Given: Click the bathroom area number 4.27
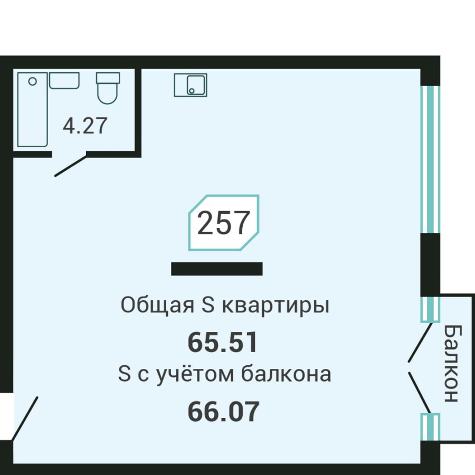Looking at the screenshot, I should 85,126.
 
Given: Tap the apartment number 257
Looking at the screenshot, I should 223,223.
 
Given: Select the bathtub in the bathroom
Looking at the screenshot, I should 32,110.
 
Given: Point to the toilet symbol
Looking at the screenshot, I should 108,88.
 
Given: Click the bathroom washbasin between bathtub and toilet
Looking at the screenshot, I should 64,81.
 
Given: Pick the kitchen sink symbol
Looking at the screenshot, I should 191,85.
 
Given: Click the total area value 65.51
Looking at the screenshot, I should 223,343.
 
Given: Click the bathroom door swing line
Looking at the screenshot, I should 70,165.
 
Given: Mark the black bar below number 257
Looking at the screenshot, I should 217,269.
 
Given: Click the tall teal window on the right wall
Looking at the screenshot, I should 430,159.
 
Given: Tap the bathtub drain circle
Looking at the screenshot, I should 33,81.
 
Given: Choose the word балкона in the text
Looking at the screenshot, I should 287,374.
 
